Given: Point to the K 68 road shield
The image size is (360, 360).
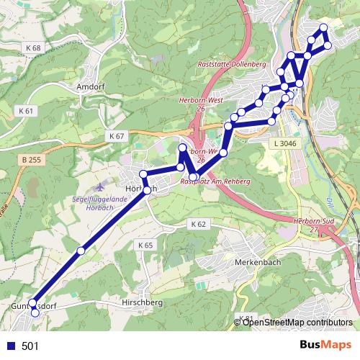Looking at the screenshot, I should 32,48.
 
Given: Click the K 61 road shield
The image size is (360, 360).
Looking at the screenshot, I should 25,111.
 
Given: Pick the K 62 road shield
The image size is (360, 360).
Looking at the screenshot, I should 199,225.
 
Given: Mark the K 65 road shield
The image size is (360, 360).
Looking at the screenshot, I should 145,246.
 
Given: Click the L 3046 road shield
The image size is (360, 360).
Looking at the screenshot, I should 284,144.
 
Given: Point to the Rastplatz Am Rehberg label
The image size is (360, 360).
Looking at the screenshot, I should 215,182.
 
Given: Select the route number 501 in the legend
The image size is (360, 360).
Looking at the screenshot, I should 30,346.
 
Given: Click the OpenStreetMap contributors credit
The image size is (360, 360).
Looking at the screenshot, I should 297,322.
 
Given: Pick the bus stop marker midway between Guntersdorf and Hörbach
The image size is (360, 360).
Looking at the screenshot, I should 81,251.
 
